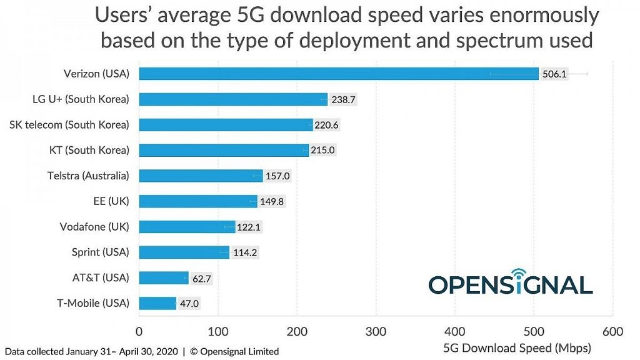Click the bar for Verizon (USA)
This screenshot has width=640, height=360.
click(x=337, y=74)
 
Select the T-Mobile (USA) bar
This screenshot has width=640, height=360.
click(x=157, y=304)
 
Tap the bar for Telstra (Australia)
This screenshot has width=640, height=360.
click(x=200, y=176)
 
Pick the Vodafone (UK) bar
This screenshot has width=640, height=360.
click(x=186, y=227)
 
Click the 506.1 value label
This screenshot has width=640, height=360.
click(x=554, y=74)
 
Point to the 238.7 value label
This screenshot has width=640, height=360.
click(x=343, y=99)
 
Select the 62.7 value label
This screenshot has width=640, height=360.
click(x=202, y=278)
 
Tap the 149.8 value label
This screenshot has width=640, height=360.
click(x=272, y=201)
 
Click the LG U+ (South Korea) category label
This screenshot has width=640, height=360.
click(x=81, y=99)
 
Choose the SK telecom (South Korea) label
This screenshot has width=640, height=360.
click(x=69, y=125)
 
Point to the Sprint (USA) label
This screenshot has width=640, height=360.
click(x=100, y=252)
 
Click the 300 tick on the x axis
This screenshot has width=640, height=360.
click(x=376, y=331)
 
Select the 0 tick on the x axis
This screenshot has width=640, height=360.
click(x=139, y=331)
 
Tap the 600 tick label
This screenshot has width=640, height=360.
click(x=612, y=331)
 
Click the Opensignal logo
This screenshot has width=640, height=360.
click(x=510, y=282)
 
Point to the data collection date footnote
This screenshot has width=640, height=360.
click(x=141, y=351)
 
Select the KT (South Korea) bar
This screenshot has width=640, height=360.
click(x=223, y=150)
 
